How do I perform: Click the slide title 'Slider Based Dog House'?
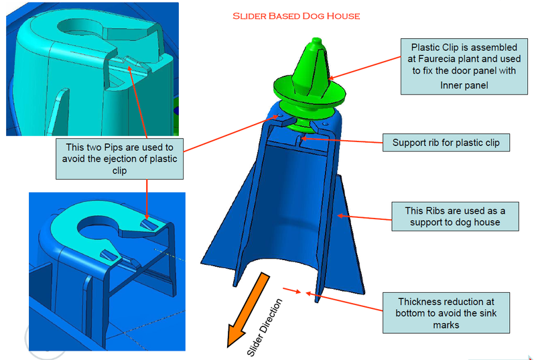click(296, 15)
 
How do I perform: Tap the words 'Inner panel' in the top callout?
click(464, 85)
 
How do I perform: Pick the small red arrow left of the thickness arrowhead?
click(289, 290)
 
